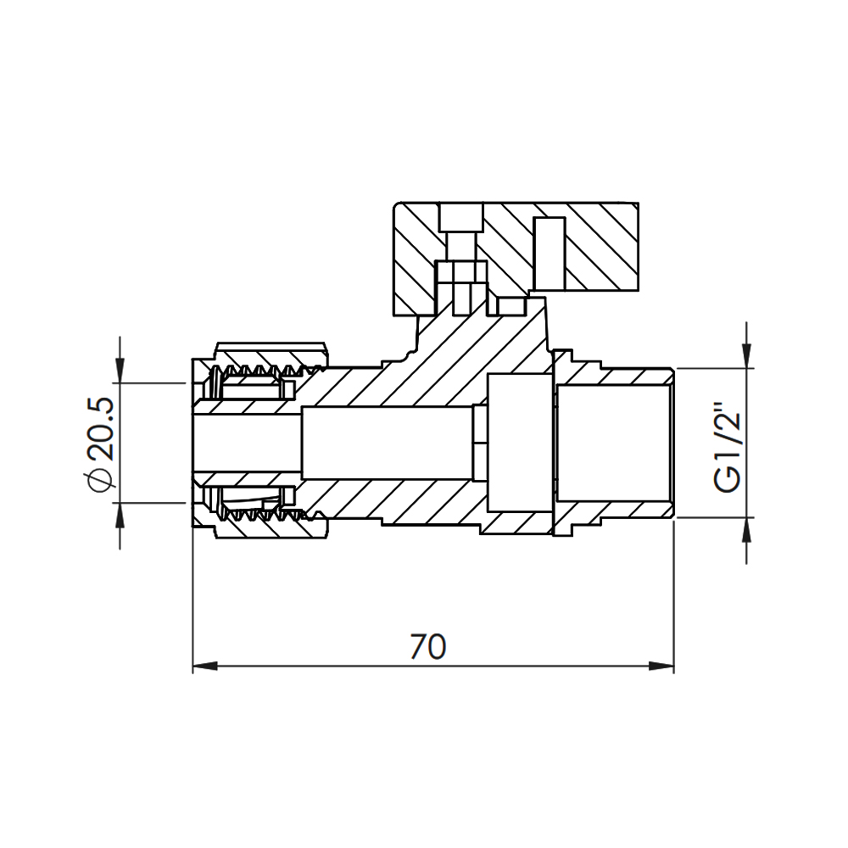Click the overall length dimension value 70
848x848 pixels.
pyautogui.click(x=427, y=647)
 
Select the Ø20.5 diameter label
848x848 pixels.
pyautogui.click(x=99, y=443)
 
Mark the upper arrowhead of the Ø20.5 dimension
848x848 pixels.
pyautogui.click(x=120, y=373)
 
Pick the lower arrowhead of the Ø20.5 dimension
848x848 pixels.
pyautogui.click(x=120, y=512)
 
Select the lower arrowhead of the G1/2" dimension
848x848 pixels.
pyautogui.click(x=746, y=528)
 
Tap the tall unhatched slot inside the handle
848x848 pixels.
pyautogui.click(x=549, y=252)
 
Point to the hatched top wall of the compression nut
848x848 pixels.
pyautogui.click(x=271, y=350)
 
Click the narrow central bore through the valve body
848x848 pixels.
pyautogui.click(x=386, y=443)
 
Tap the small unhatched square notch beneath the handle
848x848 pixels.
pyautogui.click(x=510, y=305)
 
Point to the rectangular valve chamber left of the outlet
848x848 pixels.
pyautogui.click(x=520, y=443)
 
